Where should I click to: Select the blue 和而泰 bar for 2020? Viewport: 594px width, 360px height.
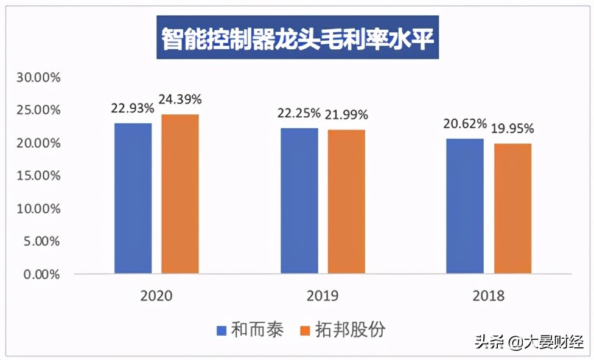(133, 198)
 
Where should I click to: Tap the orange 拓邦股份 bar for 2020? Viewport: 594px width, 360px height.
(180, 194)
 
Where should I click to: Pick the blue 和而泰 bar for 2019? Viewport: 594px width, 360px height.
(299, 201)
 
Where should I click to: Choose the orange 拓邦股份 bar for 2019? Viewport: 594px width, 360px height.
(346, 201)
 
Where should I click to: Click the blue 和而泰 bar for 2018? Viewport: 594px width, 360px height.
(465, 206)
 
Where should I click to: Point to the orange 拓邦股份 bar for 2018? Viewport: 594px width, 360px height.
(512, 209)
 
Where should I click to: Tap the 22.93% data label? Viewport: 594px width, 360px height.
(132, 108)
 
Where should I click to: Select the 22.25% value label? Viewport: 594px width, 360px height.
(298, 112)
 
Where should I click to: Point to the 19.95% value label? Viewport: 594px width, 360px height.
(512, 128)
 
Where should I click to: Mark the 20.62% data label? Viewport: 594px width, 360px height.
(465, 124)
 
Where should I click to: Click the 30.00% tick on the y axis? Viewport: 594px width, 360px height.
(38, 78)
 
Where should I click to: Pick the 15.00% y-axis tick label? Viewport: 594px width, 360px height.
(38, 176)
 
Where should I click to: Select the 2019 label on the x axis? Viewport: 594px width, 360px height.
(323, 296)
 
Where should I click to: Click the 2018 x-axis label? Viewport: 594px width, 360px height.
(488, 296)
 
